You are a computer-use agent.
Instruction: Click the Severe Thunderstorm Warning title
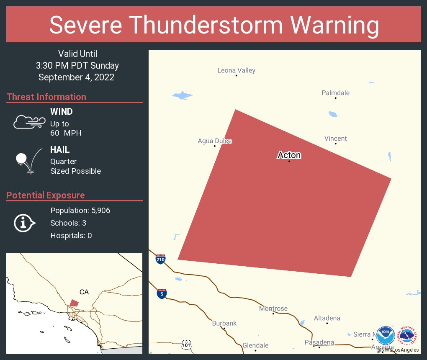point(213,25)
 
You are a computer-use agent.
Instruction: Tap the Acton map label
point(289,155)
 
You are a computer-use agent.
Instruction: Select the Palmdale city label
point(335,93)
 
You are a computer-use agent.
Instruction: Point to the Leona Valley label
point(236,70)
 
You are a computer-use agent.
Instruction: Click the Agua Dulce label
point(215,141)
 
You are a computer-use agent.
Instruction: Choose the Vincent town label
point(335,139)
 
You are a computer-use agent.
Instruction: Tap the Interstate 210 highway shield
point(160,259)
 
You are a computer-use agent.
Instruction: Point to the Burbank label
point(224,323)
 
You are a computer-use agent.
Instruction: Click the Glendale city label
point(255,345)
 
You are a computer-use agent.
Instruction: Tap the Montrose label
point(273,309)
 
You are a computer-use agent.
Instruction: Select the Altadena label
point(327,318)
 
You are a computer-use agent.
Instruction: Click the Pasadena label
point(319,342)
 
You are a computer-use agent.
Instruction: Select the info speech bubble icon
point(24,223)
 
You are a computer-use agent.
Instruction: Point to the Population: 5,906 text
point(80,211)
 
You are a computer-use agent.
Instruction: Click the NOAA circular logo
point(386,336)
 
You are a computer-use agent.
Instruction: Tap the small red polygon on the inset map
point(74,303)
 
